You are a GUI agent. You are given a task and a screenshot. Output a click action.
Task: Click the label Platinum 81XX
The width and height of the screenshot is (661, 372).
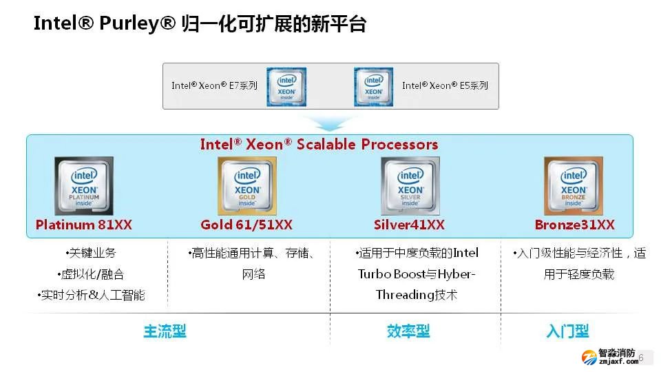click(x=84, y=225)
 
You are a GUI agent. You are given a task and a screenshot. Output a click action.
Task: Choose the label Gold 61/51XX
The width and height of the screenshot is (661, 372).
click(x=246, y=225)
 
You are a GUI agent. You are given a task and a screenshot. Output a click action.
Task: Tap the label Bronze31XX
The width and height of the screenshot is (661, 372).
click(x=574, y=225)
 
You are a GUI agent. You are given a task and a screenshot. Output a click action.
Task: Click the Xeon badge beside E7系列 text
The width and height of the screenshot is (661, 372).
click(x=286, y=87)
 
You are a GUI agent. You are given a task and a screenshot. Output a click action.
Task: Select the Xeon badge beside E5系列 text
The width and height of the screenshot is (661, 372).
click(x=373, y=87)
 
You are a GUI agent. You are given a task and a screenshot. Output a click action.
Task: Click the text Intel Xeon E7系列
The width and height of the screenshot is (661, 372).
click(x=214, y=86)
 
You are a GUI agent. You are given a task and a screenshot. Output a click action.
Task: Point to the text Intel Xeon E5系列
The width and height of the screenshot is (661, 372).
click(x=445, y=86)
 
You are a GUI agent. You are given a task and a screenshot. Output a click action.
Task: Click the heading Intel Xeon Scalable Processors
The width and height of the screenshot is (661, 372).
click(x=319, y=145)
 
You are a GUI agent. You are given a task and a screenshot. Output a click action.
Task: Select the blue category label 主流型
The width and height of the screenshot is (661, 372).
click(x=165, y=332)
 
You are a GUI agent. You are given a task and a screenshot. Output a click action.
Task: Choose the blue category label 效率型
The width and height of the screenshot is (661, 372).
click(x=408, y=332)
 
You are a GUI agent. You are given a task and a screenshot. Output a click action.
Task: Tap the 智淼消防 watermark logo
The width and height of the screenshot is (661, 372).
click(x=609, y=357)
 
